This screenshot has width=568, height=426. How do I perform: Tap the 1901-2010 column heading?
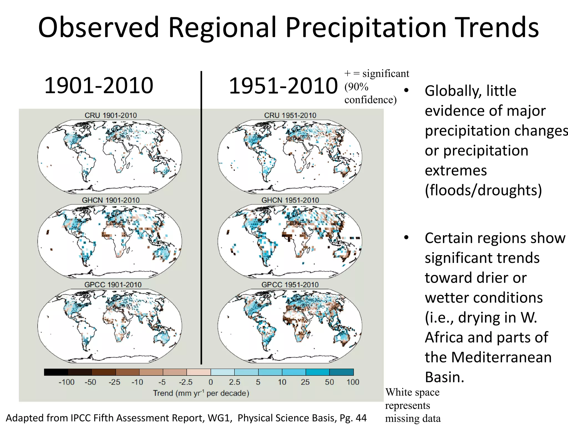click(99, 85)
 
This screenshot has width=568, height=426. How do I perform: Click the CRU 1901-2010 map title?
click(110, 115)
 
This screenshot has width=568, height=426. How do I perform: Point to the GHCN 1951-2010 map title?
click(290, 200)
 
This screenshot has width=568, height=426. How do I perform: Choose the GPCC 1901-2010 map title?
click(113, 285)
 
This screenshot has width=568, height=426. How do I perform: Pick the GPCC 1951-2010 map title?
click(290, 285)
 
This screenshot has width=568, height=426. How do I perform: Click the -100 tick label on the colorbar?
click(67, 382)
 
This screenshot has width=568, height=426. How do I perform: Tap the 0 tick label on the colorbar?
click(211, 382)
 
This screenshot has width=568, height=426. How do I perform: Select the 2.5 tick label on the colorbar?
click(235, 382)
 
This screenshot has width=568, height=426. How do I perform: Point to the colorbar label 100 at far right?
click(353, 382)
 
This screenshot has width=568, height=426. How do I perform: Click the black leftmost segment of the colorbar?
click(56, 372)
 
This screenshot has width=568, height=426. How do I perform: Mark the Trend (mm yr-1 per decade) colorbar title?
click(201, 393)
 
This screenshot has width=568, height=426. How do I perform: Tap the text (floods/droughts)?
click(483, 190)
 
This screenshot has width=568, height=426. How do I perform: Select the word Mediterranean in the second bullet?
click(501, 357)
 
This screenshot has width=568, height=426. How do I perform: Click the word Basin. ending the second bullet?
click(444, 377)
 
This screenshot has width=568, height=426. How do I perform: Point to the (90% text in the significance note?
click(356, 87)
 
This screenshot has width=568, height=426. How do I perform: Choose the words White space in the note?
click(412, 392)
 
